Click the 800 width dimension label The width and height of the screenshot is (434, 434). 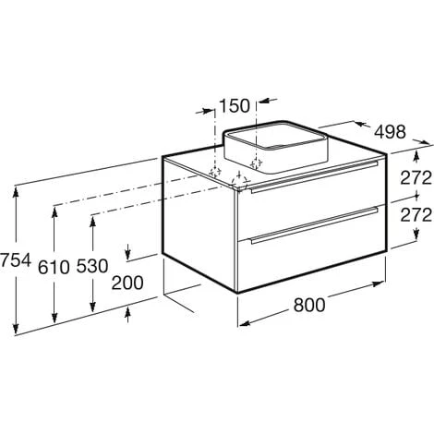[309, 305]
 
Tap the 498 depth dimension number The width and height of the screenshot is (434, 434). [390, 132]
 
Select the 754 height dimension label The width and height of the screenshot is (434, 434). [16, 260]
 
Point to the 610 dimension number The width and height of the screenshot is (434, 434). [54, 267]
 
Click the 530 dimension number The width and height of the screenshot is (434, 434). [92, 266]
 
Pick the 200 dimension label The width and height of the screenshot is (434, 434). [127, 283]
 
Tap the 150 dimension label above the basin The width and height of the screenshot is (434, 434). [235, 105]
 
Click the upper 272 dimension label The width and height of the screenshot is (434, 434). [416, 178]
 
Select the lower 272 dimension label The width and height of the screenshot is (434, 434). [416, 215]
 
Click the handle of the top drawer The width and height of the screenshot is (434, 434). [314, 177]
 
